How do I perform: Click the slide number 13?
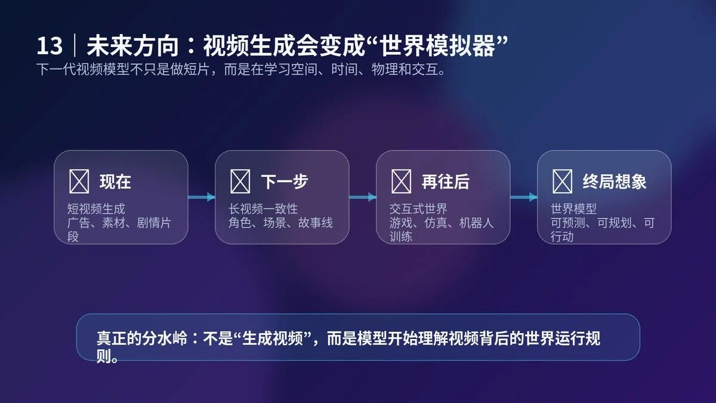click(x=50, y=46)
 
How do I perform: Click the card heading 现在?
click(x=115, y=181)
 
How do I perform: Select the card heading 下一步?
click(x=285, y=181)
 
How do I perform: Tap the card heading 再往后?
click(x=446, y=181)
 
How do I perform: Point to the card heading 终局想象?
click(x=615, y=181)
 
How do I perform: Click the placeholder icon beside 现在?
click(x=79, y=181)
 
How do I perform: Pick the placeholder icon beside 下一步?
click(x=240, y=181)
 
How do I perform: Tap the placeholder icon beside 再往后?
click(x=401, y=181)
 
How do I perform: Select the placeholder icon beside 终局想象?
click(x=562, y=181)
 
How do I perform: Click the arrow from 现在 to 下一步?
click(x=202, y=197)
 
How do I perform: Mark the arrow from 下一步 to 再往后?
click(x=363, y=197)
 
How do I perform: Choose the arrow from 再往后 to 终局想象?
click(x=524, y=197)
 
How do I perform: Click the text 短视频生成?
click(x=96, y=209)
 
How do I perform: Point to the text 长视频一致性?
click(x=263, y=209)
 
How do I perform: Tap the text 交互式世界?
click(x=418, y=209)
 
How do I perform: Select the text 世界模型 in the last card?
click(x=573, y=209)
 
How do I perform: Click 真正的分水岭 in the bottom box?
click(x=141, y=338)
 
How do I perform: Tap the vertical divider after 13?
click(x=75, y=45)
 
